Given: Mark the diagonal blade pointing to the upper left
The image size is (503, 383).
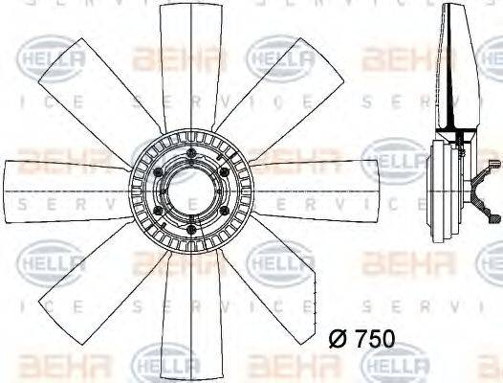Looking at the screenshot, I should [96, 86].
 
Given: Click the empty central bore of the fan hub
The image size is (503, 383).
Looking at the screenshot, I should [190, 186].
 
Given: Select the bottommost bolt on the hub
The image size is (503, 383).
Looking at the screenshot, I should [190, 227].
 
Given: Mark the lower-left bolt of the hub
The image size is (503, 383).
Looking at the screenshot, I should [159, 207].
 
